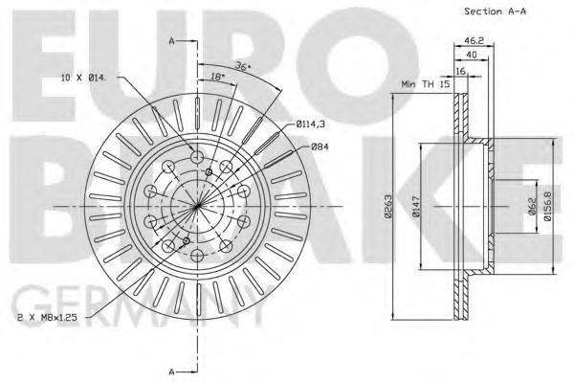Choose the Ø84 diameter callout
[320, 146]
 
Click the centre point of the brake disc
[197, 206]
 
